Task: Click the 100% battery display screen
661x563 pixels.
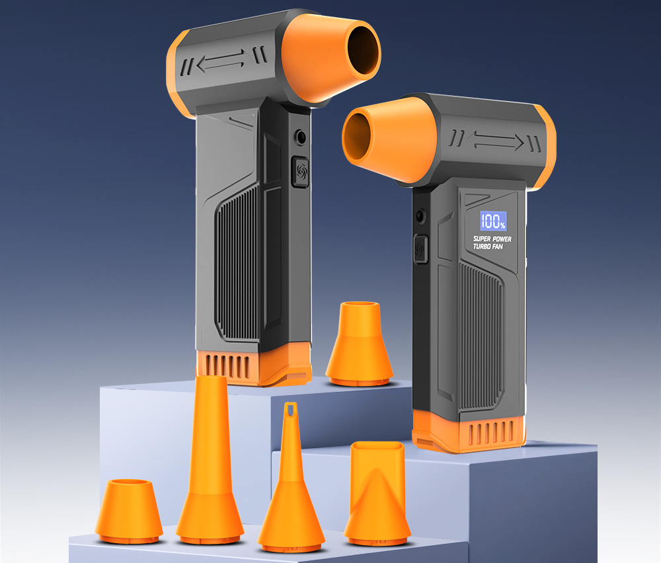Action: coord(493,221)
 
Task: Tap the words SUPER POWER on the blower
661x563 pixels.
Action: coord(492,239)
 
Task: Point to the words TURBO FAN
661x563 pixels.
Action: coord(488,246)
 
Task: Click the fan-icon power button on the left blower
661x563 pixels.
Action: coord(300,172)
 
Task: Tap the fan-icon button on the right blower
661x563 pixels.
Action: coord(420,249)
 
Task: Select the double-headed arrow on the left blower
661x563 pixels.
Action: coord(221,60)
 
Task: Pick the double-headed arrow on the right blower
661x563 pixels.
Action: coord(498,141)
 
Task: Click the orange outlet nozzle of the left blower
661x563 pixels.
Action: coord(331,57)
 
